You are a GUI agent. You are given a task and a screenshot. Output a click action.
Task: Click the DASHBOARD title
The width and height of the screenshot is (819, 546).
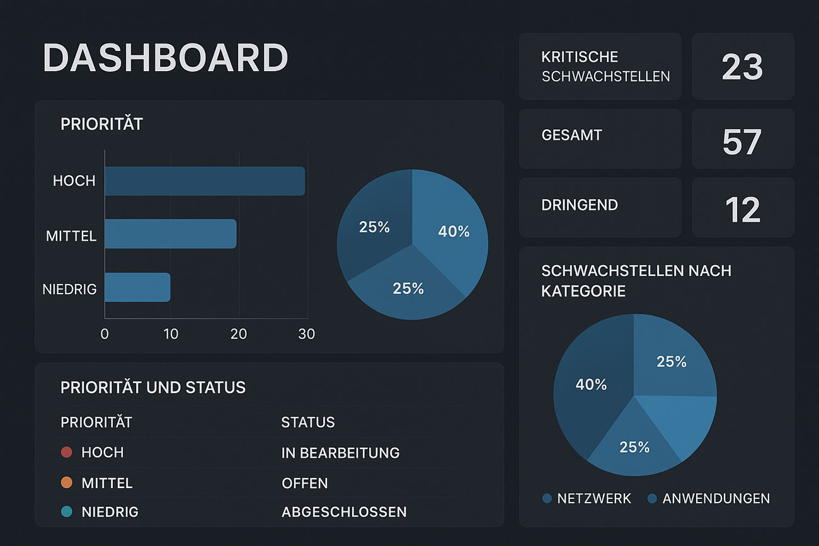(165, 58)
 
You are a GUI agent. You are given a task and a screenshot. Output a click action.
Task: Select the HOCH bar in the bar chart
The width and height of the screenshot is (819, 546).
(205, 181)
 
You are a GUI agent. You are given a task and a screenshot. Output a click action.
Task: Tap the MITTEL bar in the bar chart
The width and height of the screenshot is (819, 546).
(170, 234)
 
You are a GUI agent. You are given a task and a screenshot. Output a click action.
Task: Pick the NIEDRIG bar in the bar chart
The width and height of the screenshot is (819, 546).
(137, 287)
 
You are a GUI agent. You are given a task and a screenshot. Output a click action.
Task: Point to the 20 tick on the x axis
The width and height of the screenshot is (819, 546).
(239, 334)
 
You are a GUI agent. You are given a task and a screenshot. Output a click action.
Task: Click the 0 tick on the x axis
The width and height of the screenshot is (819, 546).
(105, 334)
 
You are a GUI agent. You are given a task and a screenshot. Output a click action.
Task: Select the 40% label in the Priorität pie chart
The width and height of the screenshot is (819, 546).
(454, 232)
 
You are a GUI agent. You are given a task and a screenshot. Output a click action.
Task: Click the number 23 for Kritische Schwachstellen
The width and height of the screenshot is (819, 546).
(742, 67)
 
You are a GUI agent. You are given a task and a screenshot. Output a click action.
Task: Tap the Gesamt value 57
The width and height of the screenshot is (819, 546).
(742, 142)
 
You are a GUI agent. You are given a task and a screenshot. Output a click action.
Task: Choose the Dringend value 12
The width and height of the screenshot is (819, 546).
(742, 210)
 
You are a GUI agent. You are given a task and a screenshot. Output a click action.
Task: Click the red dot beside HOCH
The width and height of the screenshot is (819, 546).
(67, 452)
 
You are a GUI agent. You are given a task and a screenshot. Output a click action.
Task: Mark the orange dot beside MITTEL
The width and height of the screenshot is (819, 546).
(67, 483)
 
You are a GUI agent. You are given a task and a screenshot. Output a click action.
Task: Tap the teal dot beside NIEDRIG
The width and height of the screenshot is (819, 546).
(67, 512)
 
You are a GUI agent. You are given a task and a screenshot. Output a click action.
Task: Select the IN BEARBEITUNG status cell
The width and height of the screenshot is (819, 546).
(340, 453)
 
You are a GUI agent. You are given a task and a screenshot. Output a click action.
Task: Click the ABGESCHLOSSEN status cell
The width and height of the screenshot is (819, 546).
(344, 512)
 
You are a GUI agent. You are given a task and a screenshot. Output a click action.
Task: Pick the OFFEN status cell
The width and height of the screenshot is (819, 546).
(305, 483)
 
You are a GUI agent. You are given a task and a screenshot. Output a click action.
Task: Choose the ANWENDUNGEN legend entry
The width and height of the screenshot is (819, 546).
(709, 499)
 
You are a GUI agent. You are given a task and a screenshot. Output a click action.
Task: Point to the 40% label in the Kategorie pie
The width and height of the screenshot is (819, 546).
(591, 384)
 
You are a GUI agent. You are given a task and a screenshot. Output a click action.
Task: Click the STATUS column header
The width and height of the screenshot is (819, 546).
(308, 422)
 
